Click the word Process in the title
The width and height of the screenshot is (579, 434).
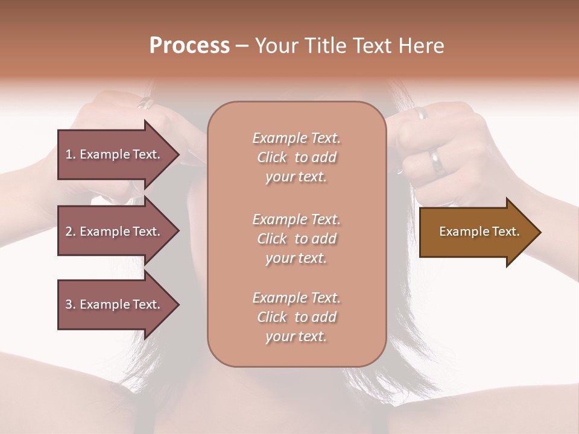[189, 46]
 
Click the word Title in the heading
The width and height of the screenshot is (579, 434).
[326, 46]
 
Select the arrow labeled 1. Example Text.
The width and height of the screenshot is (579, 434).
[115, 154]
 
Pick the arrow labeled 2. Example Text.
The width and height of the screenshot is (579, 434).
[115, 231]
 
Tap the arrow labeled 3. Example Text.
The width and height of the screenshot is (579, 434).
[115, 304]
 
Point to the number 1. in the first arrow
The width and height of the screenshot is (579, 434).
[71, 154]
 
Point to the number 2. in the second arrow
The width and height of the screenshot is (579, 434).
[71, 231]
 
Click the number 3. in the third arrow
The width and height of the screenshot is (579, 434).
[71, 304]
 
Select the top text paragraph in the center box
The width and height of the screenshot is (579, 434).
[296, 157]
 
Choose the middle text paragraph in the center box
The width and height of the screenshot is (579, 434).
[296, 239]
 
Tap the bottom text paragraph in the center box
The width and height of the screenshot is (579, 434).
[296, 317]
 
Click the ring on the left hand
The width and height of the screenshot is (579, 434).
[145, 104]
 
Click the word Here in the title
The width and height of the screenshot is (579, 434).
[421, 46]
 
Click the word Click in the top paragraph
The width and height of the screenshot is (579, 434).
[272, 157]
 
